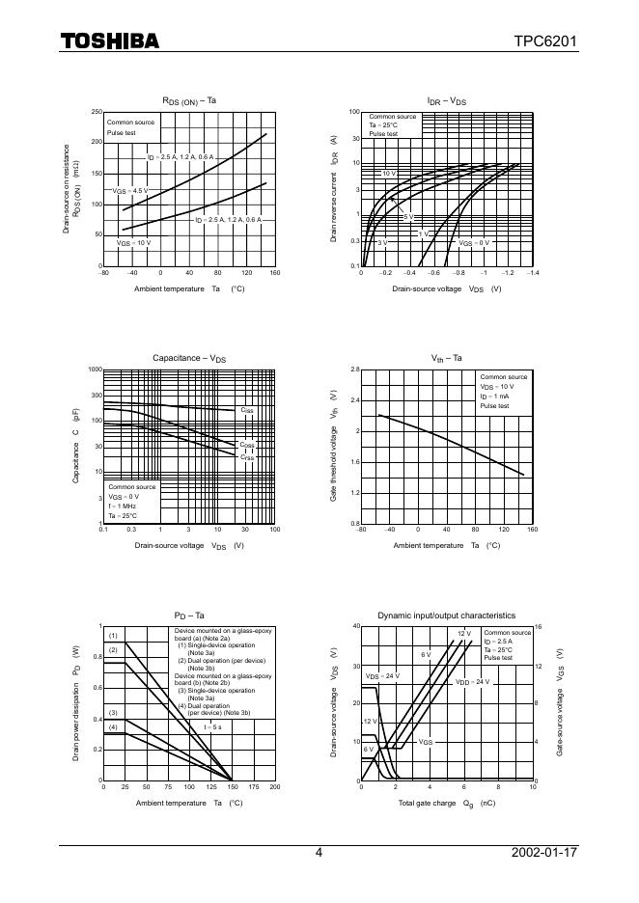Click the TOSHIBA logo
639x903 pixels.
[x=110, y=41]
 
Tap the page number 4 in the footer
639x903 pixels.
[x=319, y=853]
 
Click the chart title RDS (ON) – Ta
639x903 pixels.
[x=189, y=101]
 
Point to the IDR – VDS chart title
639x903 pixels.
[x=447, y=101]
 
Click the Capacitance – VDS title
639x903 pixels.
[x=189, y=358]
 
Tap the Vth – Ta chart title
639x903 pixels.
[x=447, y=358]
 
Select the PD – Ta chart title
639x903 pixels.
[x=189, y=616]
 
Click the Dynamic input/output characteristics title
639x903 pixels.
[x=446, y=616]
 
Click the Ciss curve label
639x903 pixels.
[x=247, y=411]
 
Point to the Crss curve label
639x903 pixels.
[x=247, y=457]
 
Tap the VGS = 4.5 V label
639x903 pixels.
[x=130, y=191]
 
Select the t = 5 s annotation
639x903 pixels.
[x=212, y=726]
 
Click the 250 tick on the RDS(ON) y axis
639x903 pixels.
[x=96, y=112]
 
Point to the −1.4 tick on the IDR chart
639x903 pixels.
[x=532, y=274]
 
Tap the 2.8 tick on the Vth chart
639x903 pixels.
[x=354, y=369]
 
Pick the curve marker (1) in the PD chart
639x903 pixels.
[x=113, y=636]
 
